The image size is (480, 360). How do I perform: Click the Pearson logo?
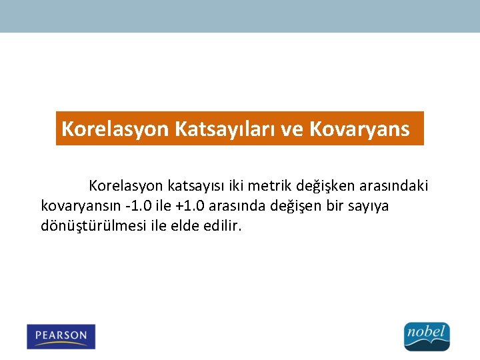pyautogui.click(x=61, y=336)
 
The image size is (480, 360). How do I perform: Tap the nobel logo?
pyautogui.click(x=427, y=336)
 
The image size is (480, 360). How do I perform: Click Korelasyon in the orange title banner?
pyautogui.click(x=115, y=129)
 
